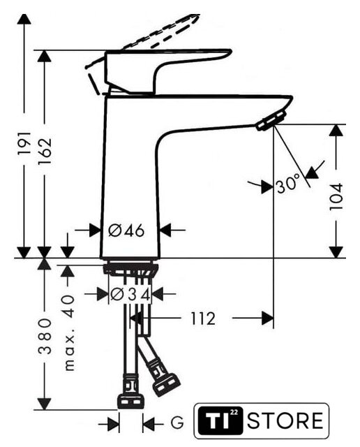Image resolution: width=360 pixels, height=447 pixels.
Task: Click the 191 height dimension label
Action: (24, 143)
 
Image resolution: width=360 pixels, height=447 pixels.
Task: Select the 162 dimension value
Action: (45, 151)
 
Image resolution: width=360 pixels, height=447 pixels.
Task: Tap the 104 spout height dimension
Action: (336, 197)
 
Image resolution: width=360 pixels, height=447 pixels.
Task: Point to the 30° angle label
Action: (288, 184)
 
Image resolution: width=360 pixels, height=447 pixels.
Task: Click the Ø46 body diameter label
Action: (126, 230)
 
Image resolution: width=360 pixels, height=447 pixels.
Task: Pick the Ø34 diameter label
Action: (130, 295)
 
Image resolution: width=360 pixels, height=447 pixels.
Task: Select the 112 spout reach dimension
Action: (203, 318)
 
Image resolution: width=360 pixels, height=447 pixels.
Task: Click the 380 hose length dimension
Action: (45, 337)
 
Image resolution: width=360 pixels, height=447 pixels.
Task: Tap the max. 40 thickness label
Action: (68, 332)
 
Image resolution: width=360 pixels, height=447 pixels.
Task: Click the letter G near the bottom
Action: (177, 422)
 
